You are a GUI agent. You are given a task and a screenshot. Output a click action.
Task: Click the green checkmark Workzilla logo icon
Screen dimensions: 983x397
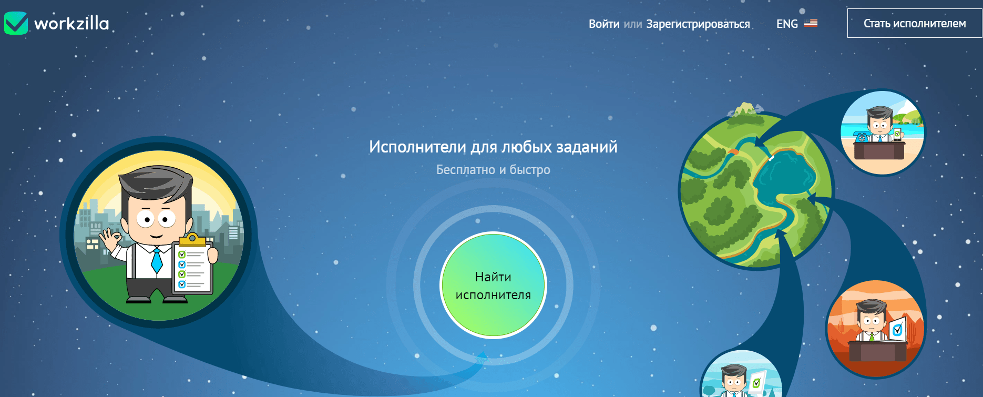tap(16, 23)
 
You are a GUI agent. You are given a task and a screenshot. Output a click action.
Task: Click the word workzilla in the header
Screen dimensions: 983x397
tap(71, 24)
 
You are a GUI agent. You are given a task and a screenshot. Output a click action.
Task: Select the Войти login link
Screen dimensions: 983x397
tap(604, 24)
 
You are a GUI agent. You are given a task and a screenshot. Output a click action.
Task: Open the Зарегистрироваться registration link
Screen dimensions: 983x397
tap(698, 24)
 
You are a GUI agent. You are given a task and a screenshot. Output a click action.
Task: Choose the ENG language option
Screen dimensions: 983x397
tap(787, 24)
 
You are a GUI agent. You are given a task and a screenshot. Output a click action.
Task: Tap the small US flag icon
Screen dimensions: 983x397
tap(811, 23)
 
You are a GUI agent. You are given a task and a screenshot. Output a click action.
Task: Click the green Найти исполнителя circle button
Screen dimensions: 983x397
tap(493, 285)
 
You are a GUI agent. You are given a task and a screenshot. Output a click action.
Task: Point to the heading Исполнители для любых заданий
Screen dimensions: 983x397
tap(493, 147)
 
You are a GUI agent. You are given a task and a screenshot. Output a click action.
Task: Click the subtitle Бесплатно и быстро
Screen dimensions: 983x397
tap(493, 170)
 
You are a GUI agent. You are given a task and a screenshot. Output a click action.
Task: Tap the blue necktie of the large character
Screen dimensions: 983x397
tap(157, 260)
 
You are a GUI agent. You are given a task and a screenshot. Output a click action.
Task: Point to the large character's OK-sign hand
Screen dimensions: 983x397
tap(111, 240)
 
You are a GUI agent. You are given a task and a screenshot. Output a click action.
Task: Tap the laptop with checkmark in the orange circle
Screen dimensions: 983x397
tap(898, 329)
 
